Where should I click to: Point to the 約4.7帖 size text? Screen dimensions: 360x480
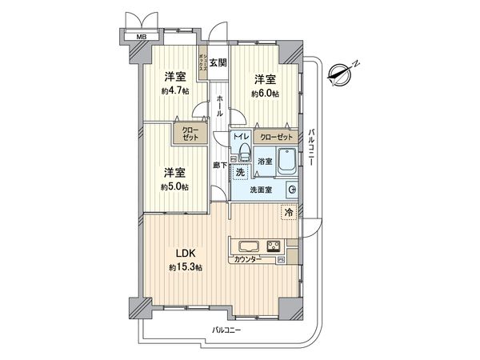(x=174, y=92)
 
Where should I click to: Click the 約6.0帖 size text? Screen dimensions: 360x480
(x=265, y=94)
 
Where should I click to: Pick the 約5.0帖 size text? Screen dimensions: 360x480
(x=174, y=186)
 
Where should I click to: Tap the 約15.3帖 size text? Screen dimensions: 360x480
(x=186, y=267)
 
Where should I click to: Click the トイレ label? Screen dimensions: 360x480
(x=241, y=138)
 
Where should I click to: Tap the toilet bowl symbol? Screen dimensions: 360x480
(x=243, y=153)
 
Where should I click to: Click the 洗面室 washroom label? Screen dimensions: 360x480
(x=261, y=190)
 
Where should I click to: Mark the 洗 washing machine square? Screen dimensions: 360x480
(x=239, y=170)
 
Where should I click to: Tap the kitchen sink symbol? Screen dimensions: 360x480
(x=247, y=246)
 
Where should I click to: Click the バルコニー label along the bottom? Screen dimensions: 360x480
(x=230, y=330)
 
